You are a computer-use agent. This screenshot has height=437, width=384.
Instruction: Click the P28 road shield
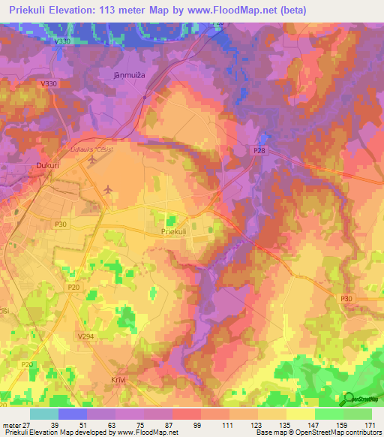259,151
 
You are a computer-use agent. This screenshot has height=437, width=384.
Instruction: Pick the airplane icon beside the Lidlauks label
93,159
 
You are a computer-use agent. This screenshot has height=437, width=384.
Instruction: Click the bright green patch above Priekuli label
170,220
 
